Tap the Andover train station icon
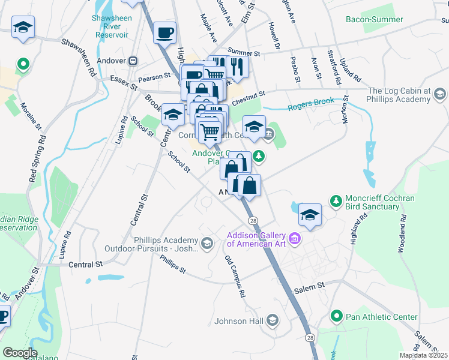133,61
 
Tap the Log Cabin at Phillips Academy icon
440,94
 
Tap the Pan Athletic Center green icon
336,316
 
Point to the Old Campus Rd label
235,277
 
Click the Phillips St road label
172,263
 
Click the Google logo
20,353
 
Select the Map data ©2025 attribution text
423,355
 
